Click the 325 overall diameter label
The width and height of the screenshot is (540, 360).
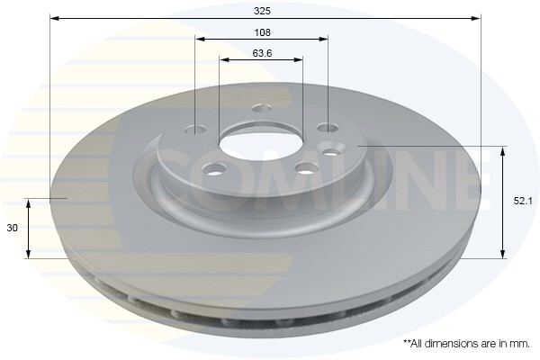point(263,11)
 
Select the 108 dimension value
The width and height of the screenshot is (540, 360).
point(263,32)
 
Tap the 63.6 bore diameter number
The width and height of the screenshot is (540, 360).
point(262,53)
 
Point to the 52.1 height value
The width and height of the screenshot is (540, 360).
point(523,201)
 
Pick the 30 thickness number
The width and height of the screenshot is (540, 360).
point(12,228)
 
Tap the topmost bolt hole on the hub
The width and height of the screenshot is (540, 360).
point(262,109)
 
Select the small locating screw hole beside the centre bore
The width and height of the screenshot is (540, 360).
point(331,151)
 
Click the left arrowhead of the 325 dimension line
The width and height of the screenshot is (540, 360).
point(54,18)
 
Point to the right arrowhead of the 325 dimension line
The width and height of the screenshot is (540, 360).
point(476,18)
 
